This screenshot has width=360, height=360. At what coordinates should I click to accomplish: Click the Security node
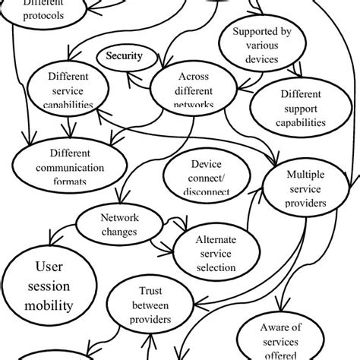[124, 56]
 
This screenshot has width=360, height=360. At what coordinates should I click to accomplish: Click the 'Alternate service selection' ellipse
[215, 252]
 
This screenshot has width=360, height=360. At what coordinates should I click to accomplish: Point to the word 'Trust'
[150, 290]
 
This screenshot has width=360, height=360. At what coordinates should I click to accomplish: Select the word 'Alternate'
[216, 238]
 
